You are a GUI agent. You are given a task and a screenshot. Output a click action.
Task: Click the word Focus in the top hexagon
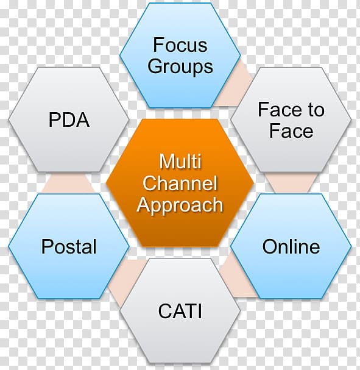pyautogui.click(x=180, y=45)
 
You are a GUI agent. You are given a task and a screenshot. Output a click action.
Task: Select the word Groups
pyautogui.click(x=180, y=66)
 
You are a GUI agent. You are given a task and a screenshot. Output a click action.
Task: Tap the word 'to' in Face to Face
pyautogui.click(x=314, y=110)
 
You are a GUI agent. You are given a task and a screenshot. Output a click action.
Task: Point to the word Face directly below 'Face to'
pyautogui.click(x=291, y=131)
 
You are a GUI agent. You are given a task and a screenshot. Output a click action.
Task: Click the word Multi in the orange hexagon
pyautogui.click(x=180, y=162)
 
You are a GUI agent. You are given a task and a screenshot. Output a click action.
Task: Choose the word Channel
pyautogui.click(x=180, y=183)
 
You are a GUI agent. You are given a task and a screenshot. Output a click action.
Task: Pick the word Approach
pyautogui.click(x=180, y=205)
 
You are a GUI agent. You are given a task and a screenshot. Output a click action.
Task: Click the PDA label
pyautogui.click(x=69, y=119)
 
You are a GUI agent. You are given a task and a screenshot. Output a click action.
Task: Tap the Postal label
pyautogui.click(x=69, y=246)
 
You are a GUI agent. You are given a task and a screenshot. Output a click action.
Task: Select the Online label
pyautogui.click(x=291, y=246)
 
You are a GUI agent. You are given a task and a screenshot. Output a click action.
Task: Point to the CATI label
pyautogui.click(x=180, y=311)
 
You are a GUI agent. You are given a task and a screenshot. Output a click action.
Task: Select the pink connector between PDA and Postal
pyautogui.click(x=69, y=183)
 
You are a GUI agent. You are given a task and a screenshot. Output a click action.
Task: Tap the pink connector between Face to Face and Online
pyautogui.click(x=291, y=183)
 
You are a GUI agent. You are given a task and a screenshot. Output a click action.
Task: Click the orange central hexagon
pyautogui.click(x=180, y=183)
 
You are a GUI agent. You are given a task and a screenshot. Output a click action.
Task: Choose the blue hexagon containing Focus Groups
pyautogui.click(x=180, y=55)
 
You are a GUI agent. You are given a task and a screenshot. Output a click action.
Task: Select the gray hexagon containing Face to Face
pyautogui.click(x=291, y=120)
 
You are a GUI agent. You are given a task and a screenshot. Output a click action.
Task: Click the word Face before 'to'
pyautogui.click(x=280, y=110)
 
